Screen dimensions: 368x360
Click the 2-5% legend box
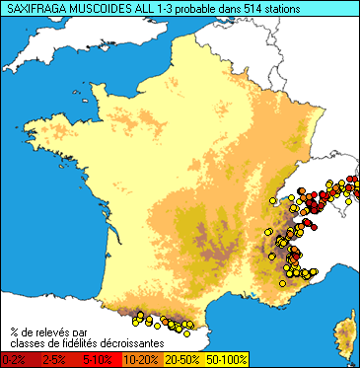(x=56, y=360)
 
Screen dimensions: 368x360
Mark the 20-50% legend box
(x=180, y=360)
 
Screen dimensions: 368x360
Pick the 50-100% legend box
(x=224, y=360)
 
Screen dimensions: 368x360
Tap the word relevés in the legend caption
(x=58, y=331)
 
